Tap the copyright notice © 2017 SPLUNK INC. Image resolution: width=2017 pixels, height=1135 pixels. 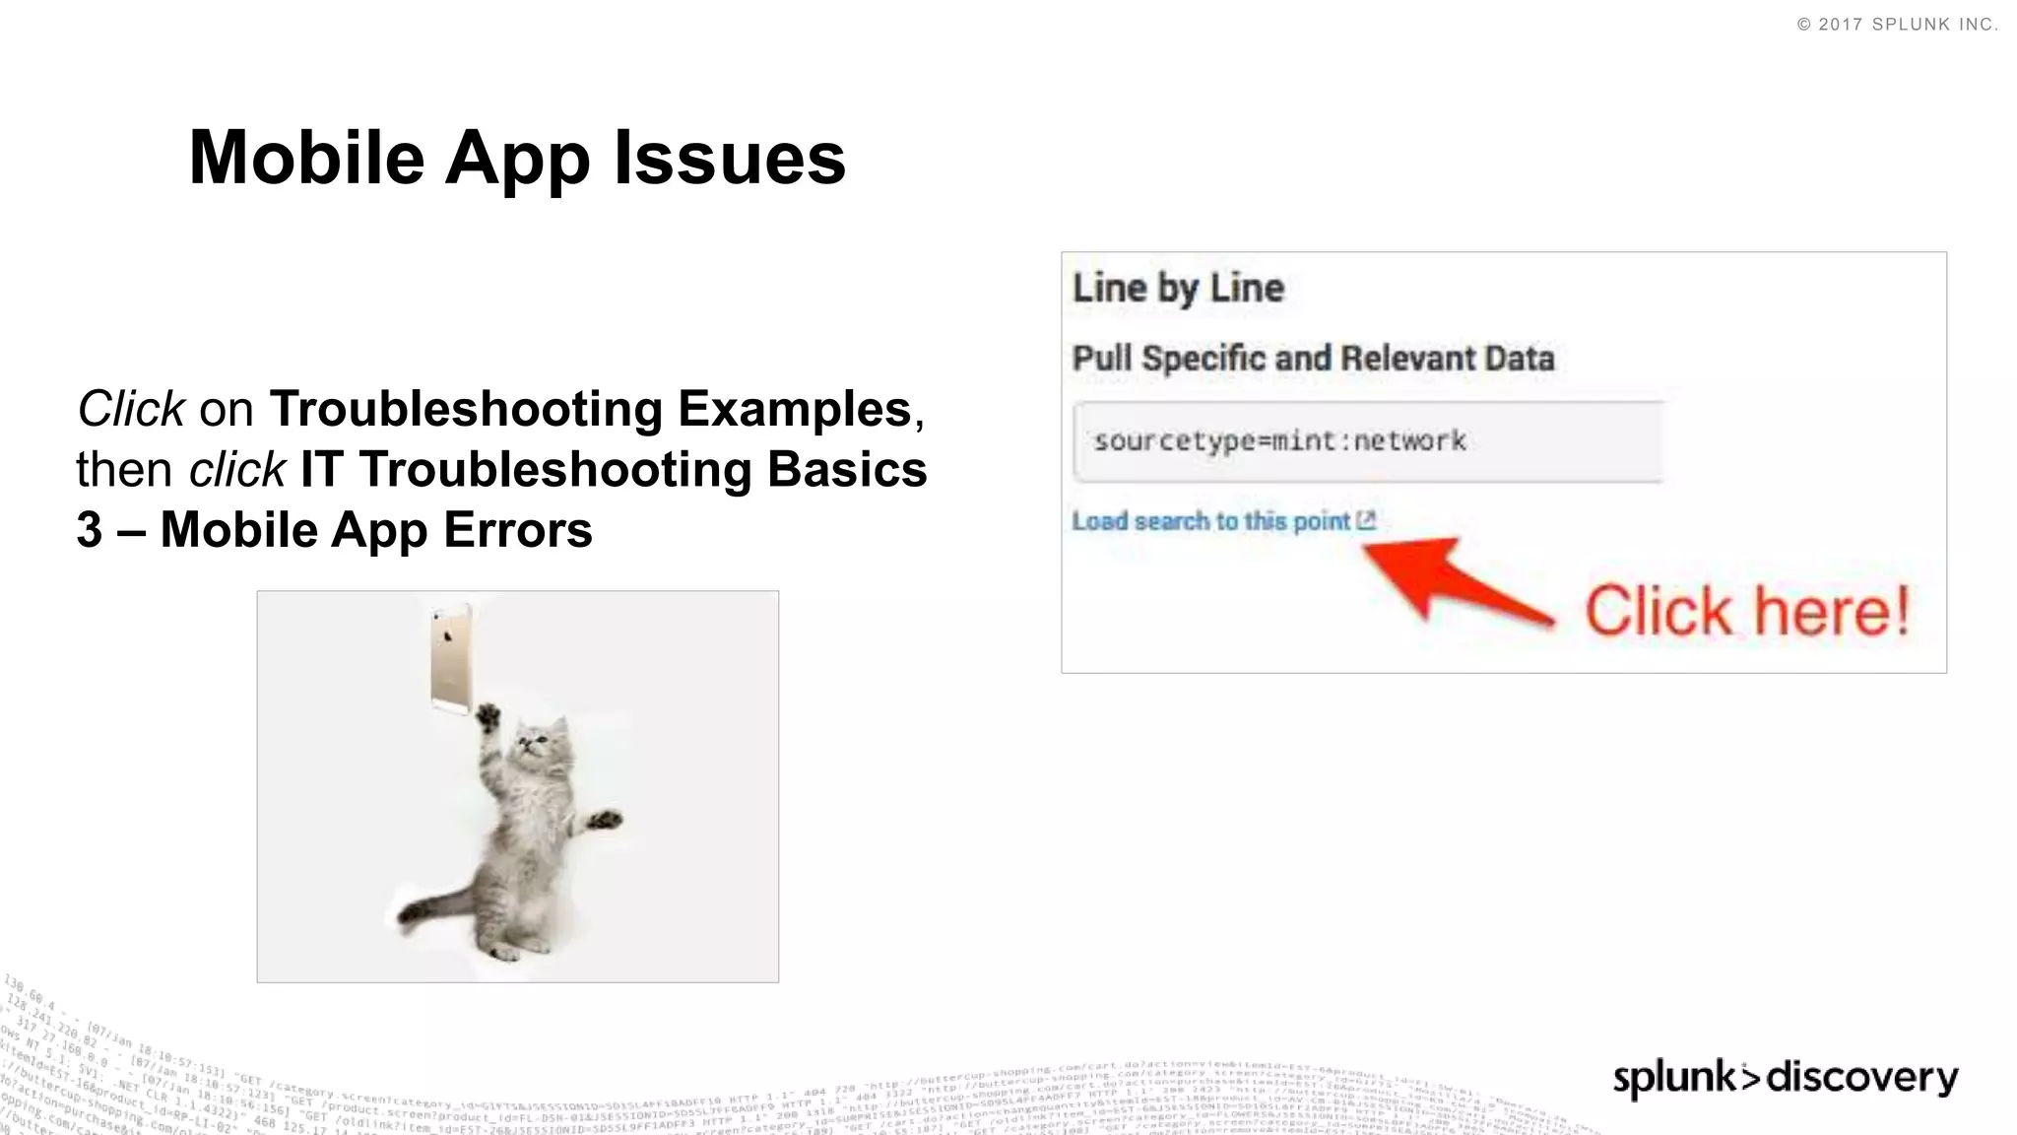click(x=1897, y=25)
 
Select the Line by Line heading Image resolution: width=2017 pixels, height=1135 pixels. click(x=1178, y=289)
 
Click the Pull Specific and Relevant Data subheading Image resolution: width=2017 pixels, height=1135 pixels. click(x=1313, y=359)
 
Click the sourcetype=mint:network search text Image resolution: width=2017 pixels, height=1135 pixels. click(x=1279, y=440)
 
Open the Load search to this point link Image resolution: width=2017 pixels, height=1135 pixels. click(x=1210, y=521)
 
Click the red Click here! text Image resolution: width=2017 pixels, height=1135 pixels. click(x=1747, y=612)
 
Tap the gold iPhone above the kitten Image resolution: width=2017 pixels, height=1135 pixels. click(x=451, y=657)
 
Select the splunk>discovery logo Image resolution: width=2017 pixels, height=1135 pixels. click(x=1785, y=1077)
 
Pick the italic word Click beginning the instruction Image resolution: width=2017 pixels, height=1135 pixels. click(x=131, y=409)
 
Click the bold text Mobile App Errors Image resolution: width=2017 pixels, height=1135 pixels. click(x=376, y=530)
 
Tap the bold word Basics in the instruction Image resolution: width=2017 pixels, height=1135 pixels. click(x=847, y=469)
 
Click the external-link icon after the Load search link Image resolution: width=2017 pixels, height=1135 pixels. click(x=1366, y=520)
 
